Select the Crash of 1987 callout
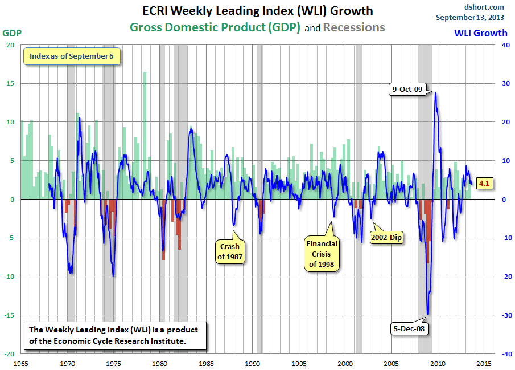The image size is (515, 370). [x=229, y=251]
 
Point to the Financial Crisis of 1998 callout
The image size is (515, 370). [x=322, y=254]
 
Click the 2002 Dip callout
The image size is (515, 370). [x=386, y=237]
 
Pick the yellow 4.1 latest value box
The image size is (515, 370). [x=484, y=184]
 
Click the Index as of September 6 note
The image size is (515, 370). [x=71, y=56]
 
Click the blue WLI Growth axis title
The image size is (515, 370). [x=480, y=33]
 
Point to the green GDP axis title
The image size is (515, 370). [x=13, y=33]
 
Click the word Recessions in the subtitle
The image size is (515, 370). [x=354, y=27]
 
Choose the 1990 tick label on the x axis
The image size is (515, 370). [x=252, y=363]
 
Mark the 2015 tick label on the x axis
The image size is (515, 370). [x=484, y=363]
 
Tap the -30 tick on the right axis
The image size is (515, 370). [x=502, y=315]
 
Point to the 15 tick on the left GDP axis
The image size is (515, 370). [x=10, y=84]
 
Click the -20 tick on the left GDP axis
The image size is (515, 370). [x=9, y=353]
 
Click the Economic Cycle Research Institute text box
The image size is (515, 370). [x=116, y=335]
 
